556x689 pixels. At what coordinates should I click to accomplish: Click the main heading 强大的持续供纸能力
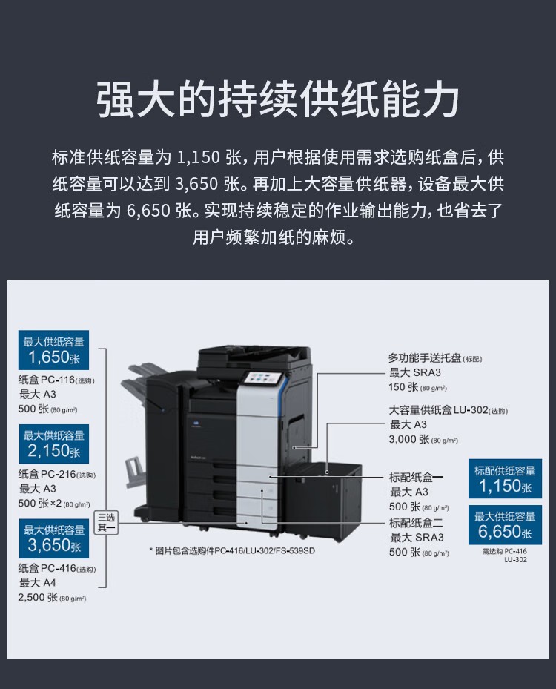click(278, 101)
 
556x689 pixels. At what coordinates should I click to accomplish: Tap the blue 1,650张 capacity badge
click(53, 349)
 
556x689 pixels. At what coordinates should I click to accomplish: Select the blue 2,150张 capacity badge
click(53, 444)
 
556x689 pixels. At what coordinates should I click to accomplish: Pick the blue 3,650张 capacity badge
click(53, 538)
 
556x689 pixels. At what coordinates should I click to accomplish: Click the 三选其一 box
click(106, 522)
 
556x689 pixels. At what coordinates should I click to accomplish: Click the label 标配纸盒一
click(416, 477)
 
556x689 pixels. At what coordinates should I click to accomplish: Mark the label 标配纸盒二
click(416, 523)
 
